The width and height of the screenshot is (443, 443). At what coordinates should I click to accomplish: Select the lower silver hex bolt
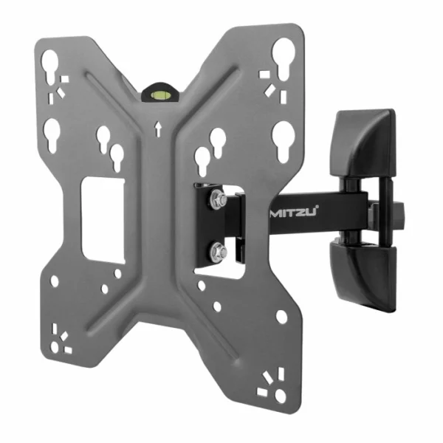point(217,253)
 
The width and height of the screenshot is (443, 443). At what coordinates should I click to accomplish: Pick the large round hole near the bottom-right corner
point(281,316)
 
